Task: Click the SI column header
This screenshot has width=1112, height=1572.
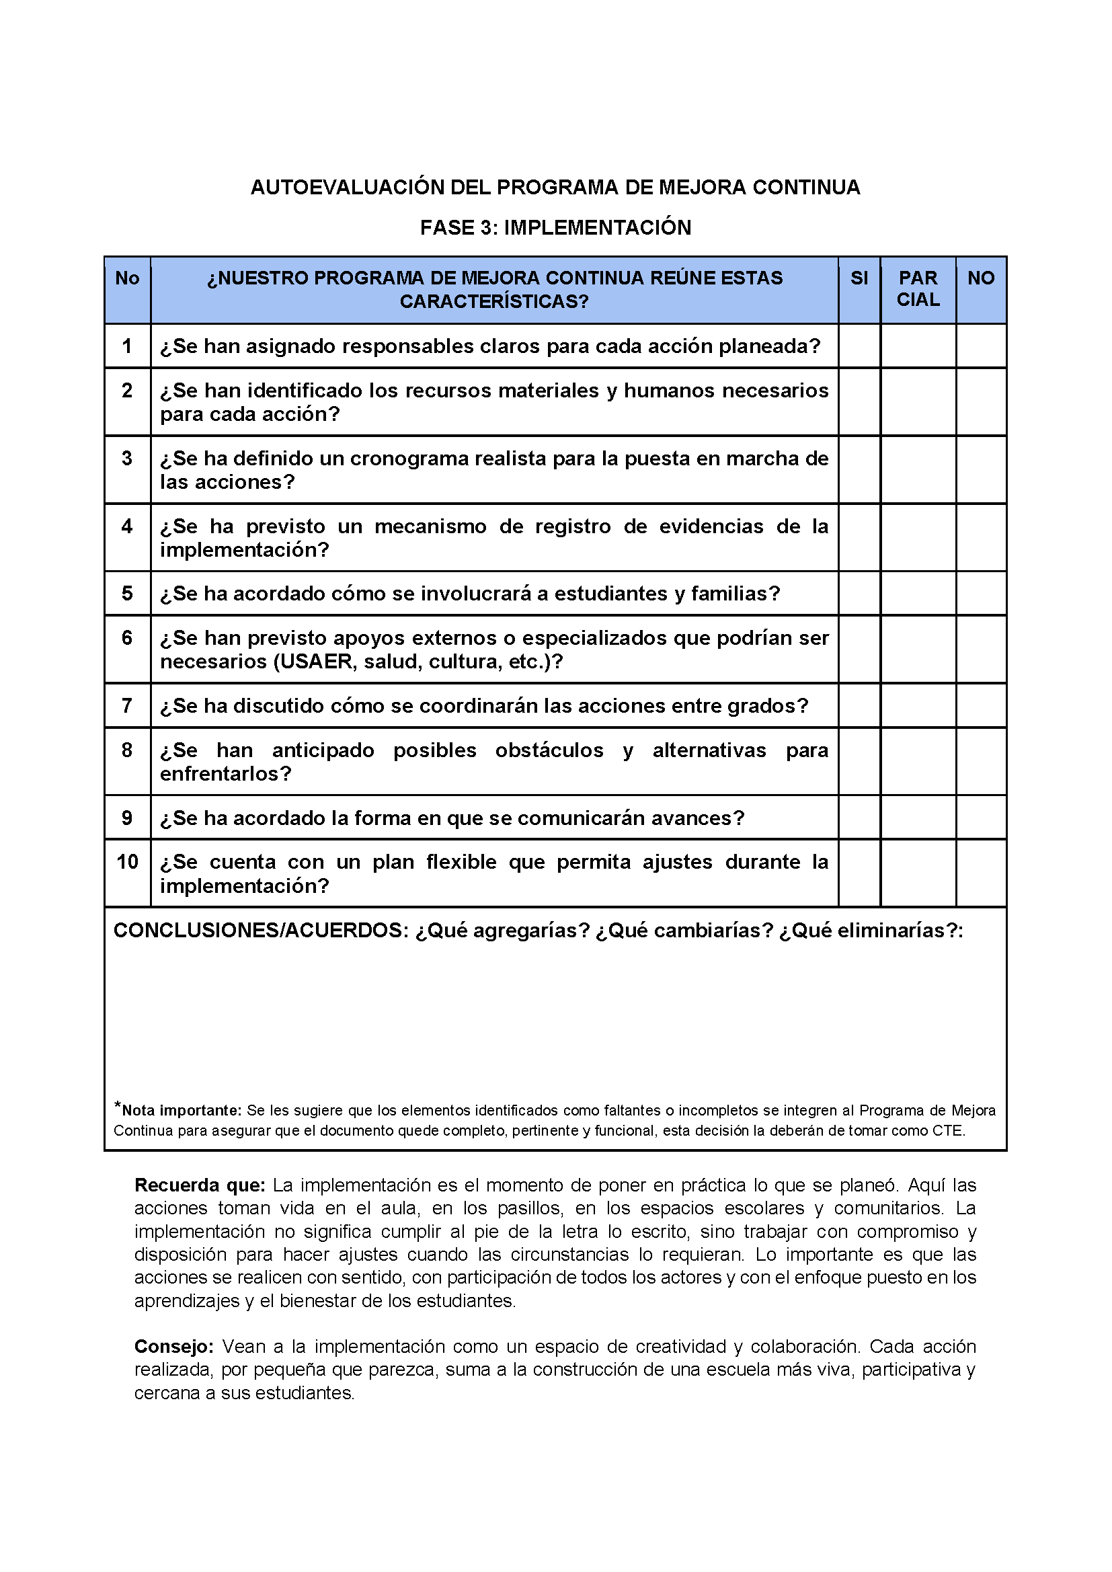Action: (859, 278)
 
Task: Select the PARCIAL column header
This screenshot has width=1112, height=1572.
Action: (918, 289)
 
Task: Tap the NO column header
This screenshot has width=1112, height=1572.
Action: (980, 278)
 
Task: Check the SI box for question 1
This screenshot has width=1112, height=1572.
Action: (859, 346)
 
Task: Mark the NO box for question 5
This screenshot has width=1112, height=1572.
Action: (980, 593)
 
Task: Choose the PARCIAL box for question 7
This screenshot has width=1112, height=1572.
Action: (918, 705)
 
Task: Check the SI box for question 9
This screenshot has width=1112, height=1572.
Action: (859, 818)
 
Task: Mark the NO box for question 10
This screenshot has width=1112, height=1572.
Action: (980, 873)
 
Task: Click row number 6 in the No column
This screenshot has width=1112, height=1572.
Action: (127, 638)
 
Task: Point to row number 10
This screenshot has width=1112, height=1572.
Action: (127, 862)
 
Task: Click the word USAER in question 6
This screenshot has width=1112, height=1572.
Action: (312, 662)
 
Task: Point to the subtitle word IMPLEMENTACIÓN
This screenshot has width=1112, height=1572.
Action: (597, 227)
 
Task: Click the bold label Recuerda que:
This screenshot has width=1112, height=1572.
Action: (199, 1185)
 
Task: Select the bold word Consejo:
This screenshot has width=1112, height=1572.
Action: (174, 1347)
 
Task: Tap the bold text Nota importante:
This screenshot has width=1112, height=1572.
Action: (182, 1111)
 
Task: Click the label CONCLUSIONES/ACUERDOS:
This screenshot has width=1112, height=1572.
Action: (261, 931)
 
